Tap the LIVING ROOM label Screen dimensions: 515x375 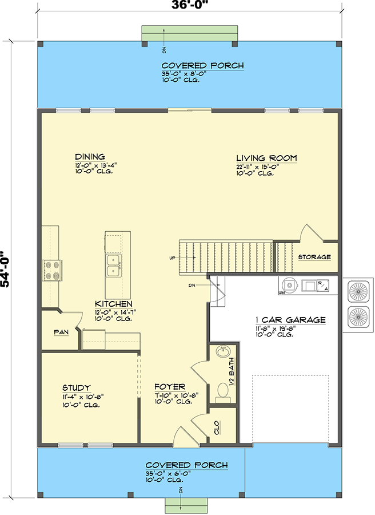point(267,159)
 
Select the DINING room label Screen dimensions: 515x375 point(90,157)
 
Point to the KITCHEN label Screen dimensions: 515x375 point(114,304)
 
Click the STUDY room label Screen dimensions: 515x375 point(77,387)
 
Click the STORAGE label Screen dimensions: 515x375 point(314,257)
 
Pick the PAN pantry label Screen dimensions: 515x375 point(61,332)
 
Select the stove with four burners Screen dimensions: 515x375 point(51,270)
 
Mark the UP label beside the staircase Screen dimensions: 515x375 point(172,258)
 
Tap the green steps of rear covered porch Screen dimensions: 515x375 point(190,33)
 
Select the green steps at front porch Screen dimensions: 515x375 point(181,506)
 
